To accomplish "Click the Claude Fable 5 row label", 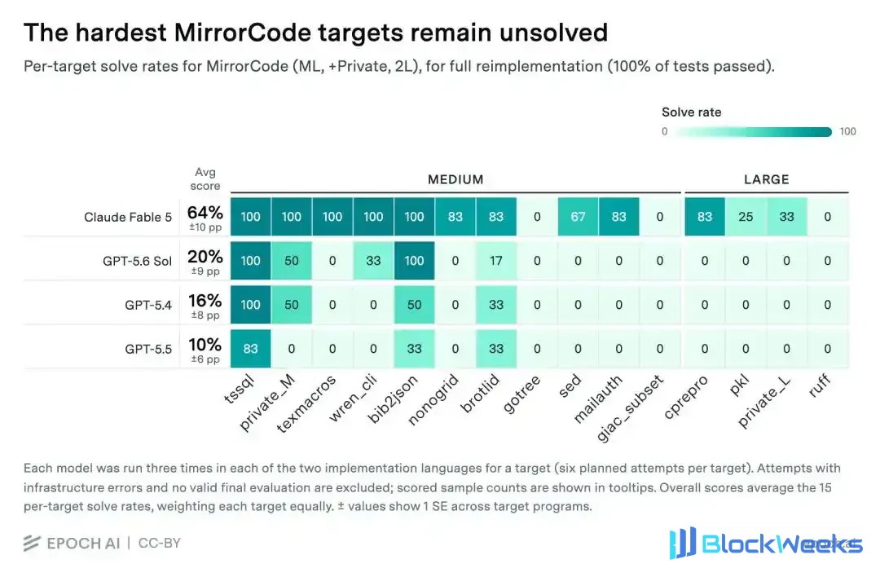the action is pyautogui.click(x=128, y=217).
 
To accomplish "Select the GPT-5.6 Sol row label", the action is pyautogui.click(x=137, y=261).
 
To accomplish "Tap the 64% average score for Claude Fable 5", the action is pyautogui.click(x=205, y=213).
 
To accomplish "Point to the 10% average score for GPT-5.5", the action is pyautogui.click(x=205, y=345).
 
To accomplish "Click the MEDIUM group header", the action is pyautogui.click(x=455, y=179).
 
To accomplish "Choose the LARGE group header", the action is pyautogui.click(x=766, y=179).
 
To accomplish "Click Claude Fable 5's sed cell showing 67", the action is pyautogui.click(x=578, y=217).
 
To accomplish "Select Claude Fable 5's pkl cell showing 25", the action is pyautogui.click(x=746, y=217).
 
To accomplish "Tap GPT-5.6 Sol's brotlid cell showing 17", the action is pyautogui.click(x=496, y=261).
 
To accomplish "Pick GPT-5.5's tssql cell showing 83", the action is pyautogui.click(x=250, y=349).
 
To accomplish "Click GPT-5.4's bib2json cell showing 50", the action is pyautogui.click(x=414, y=305).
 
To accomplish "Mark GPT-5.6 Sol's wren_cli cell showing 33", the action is pyautogui.click(x=373, y=261).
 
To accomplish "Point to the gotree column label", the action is pyautogui.click(x=521, y=394).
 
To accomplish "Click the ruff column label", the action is pyautogui.click(x=820, y=386).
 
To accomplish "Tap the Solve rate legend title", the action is pyautogui.click(x=692, y=112).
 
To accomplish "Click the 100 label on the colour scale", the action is pyautogui.click(x=847, y=131).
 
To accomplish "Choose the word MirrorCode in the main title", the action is pyautogui.click(x=243, y=33).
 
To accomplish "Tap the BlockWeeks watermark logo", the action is pyautogui.click(x=765, y=544).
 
